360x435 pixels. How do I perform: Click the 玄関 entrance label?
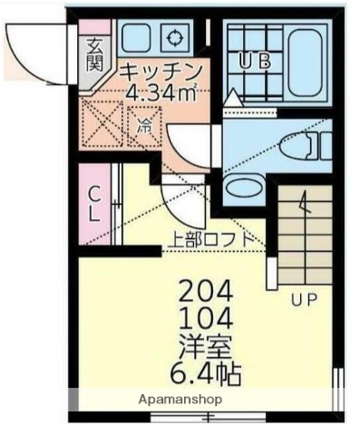coord(93,54)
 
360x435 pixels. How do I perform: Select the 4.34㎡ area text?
coord(163,93)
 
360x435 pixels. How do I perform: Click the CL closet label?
coord(94,203)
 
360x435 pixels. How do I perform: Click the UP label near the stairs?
coord(304,300)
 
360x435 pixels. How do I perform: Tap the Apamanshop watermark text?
coord(180,399)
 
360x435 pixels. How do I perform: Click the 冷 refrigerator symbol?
coord(144,127)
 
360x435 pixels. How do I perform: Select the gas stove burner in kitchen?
coord(172,37)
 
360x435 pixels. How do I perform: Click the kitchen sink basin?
coord(136,37)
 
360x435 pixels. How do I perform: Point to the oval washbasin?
coord(241,188)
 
